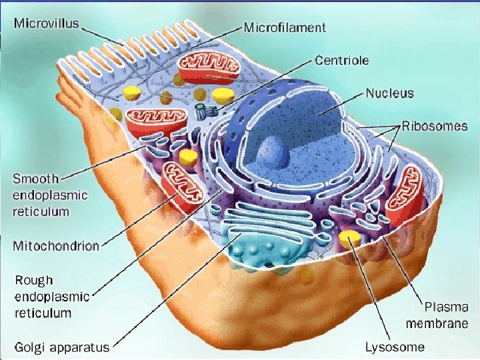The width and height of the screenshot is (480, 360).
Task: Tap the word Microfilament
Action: click(285, 27)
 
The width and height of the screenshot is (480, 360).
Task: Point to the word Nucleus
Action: click(389, 93)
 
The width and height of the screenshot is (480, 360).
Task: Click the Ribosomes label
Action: click(434, 126)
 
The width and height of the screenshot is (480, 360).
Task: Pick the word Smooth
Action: click(36, 179)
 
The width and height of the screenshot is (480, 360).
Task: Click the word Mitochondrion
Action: click(56, 245)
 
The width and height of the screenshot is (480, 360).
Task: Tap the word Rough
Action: click(33, 281)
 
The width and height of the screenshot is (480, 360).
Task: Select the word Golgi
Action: click(30, 347)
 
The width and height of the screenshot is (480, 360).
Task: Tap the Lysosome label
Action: click(395, 347)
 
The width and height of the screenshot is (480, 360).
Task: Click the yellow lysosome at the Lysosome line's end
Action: click(347, 237)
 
